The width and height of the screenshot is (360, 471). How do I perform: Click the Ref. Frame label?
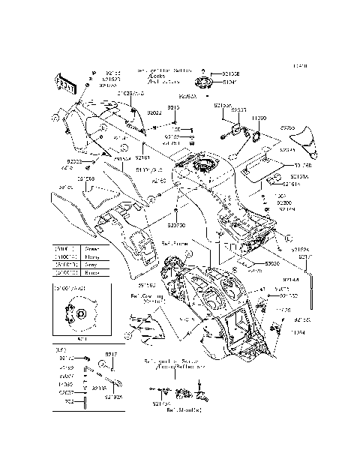click(x=175, y=244)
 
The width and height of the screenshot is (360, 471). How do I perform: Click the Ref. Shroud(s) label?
click(x=181, y=410)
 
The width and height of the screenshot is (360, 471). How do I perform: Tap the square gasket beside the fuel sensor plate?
click(x=253, y=136)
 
